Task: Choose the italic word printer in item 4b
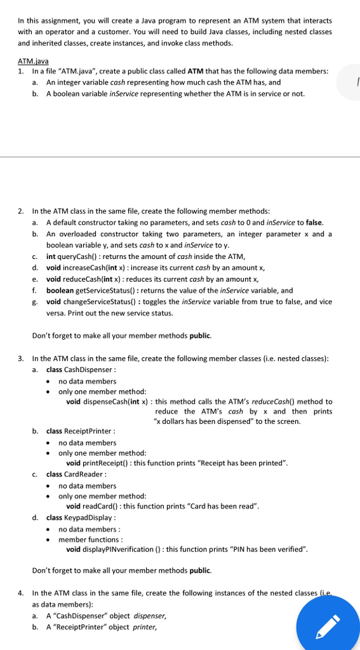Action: (145, 627)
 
